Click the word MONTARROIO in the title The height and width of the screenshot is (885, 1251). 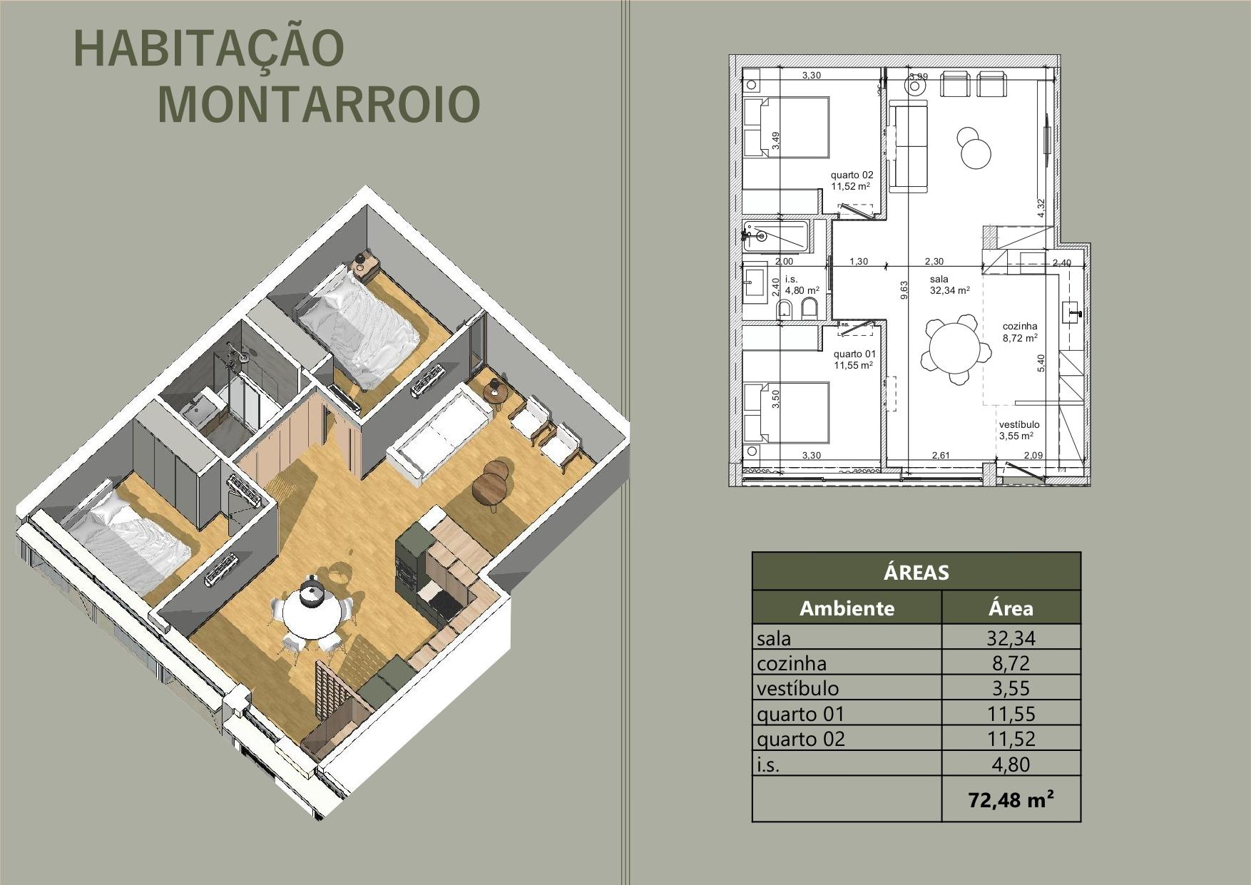[x=318, y=104]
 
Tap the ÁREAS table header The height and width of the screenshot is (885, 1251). [x=916, y=572]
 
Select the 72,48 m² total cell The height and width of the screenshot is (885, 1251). [x=1011, y=799]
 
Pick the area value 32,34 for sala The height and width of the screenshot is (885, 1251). [x=1011, y=638]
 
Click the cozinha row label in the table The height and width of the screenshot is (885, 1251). [x=792, y=663]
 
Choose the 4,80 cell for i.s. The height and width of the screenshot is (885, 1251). [x=1011, y=764]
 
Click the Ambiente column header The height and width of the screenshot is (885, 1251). [x=847, y=608]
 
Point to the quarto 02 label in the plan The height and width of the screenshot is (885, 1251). [x=852, y=175]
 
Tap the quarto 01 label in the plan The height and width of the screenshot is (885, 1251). [x=854, y=354]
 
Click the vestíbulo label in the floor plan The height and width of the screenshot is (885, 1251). [x=1018, y=424]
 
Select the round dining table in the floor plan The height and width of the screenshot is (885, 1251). [x=954, y=352]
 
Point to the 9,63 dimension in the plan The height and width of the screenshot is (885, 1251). [x=904, y=289]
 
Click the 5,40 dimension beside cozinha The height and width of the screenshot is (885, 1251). [x=1041, y=363]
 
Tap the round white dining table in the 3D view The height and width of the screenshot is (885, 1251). [x=310, y=613]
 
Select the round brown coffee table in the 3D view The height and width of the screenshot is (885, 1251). [x=492, y=485]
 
